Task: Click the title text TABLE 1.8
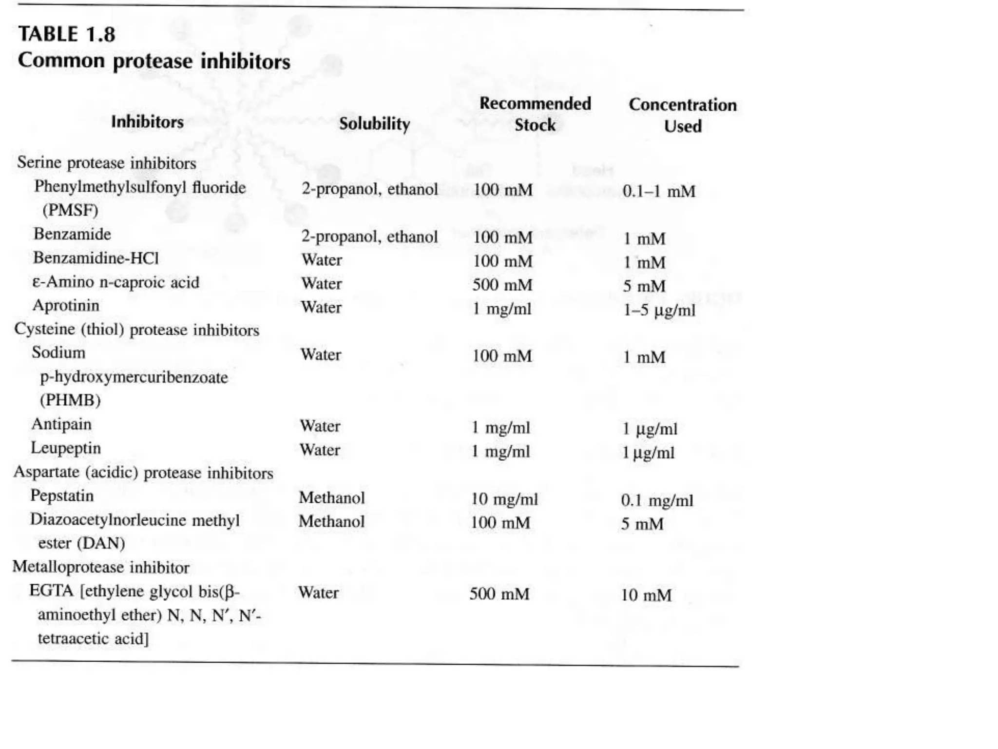67,35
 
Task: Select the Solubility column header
374,124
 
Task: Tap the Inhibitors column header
147,122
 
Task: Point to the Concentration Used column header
682,116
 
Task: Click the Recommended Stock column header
535,114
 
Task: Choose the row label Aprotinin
66,306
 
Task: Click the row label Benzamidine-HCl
96,258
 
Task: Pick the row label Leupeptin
66,448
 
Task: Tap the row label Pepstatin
62,496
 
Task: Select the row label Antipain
61,424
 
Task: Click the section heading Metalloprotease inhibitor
101,567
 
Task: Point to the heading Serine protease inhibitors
107,163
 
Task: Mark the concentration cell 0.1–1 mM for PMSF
659,191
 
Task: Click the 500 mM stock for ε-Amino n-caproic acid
502,285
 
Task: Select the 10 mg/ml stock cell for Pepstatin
504,499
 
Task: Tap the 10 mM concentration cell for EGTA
646,595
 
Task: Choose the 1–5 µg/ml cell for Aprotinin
659,310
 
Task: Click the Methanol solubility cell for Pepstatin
331,498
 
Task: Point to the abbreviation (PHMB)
70,400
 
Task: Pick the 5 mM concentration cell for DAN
642,524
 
